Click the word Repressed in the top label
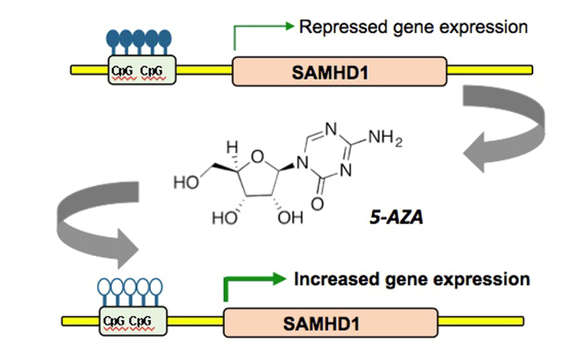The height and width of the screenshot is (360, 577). pyautogui.click(x=343, y=28)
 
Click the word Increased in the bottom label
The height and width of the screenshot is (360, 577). pyautogui.click(x=337, y=280)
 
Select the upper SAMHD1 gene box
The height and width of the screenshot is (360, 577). pyautogui.click(x=339, y=71)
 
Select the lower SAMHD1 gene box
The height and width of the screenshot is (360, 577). pyautogui.click(x=331, y=323)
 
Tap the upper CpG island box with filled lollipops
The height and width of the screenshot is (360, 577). pyautogui.click(x=142, y=70)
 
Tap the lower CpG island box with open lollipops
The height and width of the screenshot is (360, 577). pyautogui.click(x=133, y=321)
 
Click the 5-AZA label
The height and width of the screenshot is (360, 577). pyautogui.click(x=396, y=217)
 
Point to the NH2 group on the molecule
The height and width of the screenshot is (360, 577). pyautogui.click(x=385, y=138)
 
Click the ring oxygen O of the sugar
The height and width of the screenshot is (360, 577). pyautogui.click(x=257, y=157)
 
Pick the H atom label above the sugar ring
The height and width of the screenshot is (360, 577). pyautogui.click(x=232, y=148)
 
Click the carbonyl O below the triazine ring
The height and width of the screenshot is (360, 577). pyautogui.click(x=318, y=204)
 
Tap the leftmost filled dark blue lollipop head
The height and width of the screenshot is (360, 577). pyautogui.click(x=113, y=37)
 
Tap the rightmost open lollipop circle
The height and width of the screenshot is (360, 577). pyautogui.click(x=156, y=287)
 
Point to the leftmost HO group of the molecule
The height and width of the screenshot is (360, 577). pyautogui.click(x=187, y=182)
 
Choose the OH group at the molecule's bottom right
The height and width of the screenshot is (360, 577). pyautogui.click(x=290, y=218)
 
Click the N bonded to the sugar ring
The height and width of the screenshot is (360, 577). pyautogui.click(x=303, y=162)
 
